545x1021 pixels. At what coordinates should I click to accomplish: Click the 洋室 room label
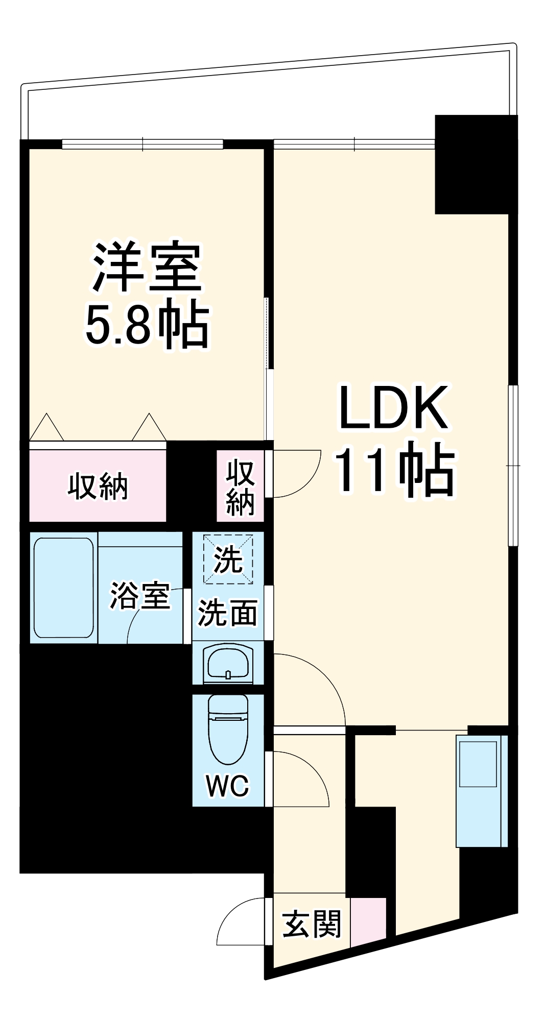click(147, 267)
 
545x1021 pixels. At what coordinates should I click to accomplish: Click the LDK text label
click(393, 407)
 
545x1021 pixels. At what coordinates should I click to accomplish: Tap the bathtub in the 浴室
click(63, 587)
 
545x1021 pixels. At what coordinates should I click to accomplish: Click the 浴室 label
click(139, 595)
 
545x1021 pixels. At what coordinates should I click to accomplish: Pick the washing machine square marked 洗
click(228, 559)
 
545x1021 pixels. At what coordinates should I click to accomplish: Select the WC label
click(228, 786)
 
